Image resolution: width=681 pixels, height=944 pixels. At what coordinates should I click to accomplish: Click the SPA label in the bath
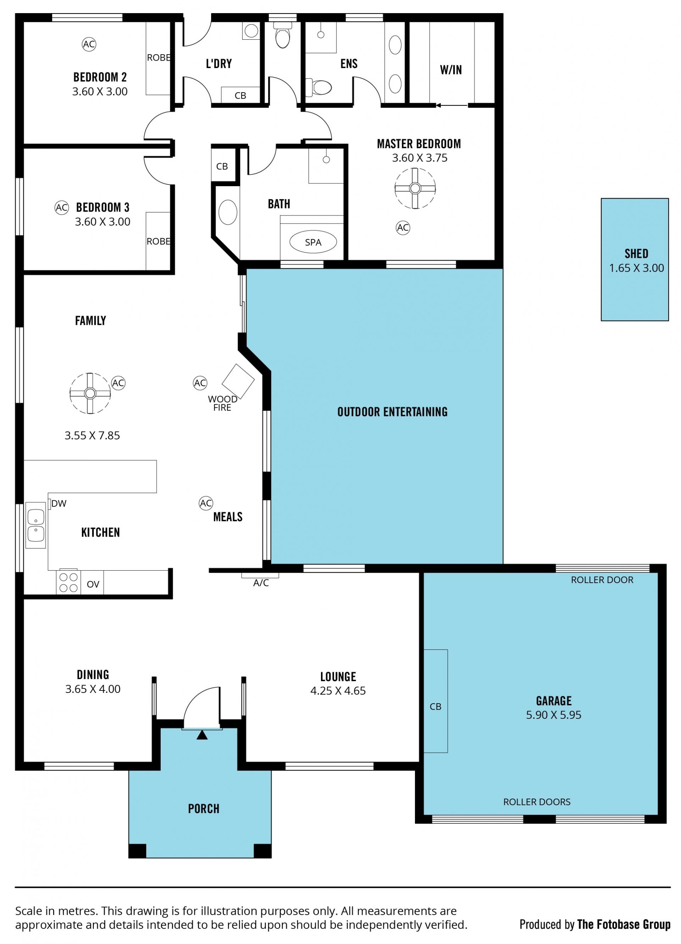[313, 242]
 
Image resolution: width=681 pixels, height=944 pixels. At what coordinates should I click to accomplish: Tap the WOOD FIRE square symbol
[238, 381]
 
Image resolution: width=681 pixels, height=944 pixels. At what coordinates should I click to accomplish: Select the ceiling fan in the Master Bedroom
[415, 189]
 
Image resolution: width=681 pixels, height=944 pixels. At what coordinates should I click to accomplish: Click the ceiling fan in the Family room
[90, 393]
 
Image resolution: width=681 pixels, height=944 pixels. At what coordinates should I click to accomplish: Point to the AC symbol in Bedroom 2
[89, 44]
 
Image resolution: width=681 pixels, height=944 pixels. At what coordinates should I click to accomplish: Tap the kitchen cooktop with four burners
[68, 582]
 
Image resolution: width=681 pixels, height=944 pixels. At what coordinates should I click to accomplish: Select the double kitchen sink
[36, 525]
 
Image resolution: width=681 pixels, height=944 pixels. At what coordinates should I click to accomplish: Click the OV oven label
[93, 584]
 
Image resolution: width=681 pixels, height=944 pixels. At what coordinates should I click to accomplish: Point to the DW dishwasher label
[59, 504]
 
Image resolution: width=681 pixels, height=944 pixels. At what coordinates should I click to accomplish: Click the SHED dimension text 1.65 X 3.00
[636, 268]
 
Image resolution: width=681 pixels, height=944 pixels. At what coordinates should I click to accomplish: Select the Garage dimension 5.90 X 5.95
[554, 715]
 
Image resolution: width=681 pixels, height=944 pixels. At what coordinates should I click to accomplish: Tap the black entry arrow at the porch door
[202, 735]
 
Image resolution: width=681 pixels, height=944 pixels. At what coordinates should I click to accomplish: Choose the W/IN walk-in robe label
[451, 70]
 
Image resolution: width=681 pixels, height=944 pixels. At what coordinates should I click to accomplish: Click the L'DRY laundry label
[219, 64]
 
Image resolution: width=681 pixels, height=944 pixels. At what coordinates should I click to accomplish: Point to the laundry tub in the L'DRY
[251, 31]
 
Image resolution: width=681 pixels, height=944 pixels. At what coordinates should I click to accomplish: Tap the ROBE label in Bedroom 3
[158, 241]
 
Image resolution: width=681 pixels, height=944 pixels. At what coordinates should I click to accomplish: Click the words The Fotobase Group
[624, 925]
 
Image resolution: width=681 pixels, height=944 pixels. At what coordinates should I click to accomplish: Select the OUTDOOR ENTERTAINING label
[393, 412]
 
